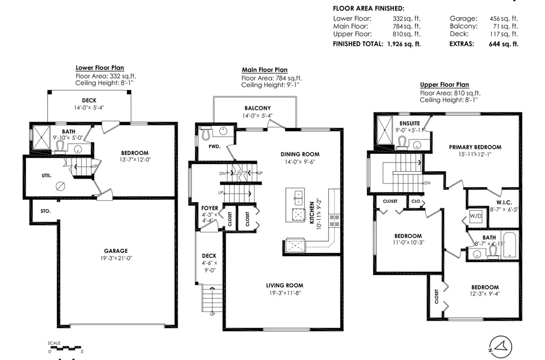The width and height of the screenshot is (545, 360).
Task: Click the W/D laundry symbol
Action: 476,216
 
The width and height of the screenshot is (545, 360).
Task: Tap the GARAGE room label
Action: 116,251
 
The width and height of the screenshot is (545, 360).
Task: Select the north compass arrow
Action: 500,347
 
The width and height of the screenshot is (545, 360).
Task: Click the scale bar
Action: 65,347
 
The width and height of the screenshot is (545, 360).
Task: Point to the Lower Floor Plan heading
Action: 100,68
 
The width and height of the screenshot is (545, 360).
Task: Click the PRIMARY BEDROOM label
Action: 475,147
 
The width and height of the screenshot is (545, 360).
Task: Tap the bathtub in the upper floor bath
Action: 510,245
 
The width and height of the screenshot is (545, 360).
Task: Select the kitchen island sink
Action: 298,197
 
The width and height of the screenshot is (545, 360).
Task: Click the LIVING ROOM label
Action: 285,285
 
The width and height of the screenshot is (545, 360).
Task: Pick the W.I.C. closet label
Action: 504,202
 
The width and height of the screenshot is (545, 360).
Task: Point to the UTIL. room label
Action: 47,175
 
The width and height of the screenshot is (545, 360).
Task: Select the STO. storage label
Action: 46,211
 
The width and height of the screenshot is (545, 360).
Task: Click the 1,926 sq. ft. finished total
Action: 404,44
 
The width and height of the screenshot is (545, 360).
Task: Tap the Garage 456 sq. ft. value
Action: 504,18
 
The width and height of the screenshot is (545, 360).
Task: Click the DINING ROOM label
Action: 300,154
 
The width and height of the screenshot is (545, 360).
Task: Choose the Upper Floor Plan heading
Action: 444,84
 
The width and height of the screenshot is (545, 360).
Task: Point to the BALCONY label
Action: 257,108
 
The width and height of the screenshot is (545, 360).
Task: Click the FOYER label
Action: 210,208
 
